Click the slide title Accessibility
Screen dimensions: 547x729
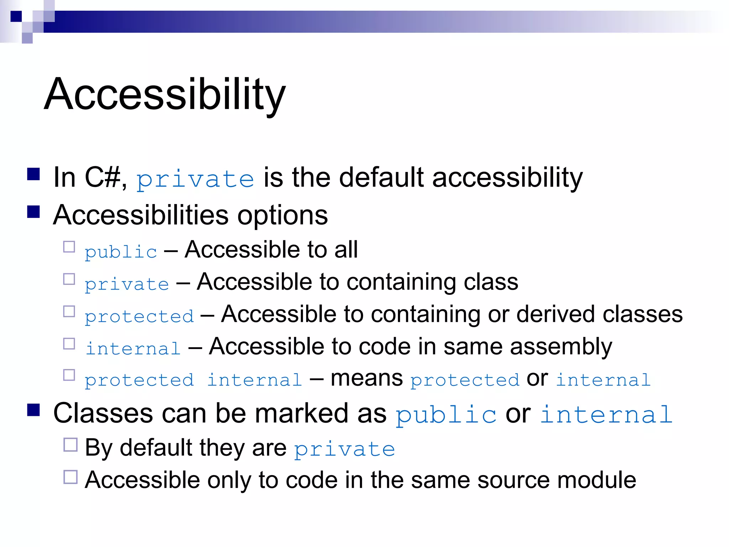(x=164, y=94)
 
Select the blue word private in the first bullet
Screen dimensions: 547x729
(x=195, y=179)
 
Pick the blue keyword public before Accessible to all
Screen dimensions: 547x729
(x=121, y=252)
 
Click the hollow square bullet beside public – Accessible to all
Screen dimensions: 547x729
(x=69, y=247)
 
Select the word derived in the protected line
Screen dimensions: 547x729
(x=555, y=314)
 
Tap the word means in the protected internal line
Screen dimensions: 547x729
(x=367, y=378)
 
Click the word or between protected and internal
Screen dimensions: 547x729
(x=537, y=379)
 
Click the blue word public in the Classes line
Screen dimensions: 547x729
(x=446, y=415)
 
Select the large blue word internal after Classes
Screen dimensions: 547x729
(x=606, y=415)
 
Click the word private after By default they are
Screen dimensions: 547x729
(x=345, y=449)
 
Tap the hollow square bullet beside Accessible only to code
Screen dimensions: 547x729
(x=70, y=477)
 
